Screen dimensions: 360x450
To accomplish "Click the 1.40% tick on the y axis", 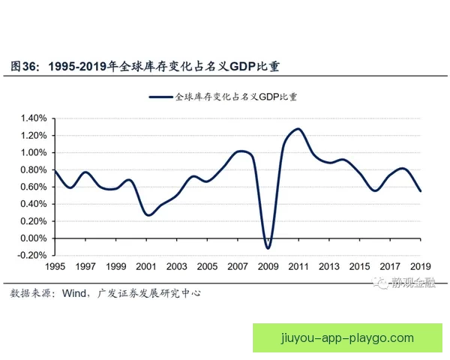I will [33, 118].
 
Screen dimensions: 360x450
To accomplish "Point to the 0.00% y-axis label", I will [33, 238].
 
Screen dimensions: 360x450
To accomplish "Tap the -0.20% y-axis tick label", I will [31, 256].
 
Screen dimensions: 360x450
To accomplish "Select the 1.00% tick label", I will [33, 153].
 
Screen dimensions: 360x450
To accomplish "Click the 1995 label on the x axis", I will [55, 267].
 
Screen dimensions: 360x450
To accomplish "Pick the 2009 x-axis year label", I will [268, 267].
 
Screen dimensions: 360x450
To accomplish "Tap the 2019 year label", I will [420, 267].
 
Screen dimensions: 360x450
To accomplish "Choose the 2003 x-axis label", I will [176, 267].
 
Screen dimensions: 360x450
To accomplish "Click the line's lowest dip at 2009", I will [268, 247].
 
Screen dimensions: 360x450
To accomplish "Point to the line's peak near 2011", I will [298, 129].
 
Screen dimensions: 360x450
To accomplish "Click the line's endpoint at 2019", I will [420, 191].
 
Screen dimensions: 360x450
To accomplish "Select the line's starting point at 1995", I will [55, 171].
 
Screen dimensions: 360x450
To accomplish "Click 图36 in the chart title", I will [24, 66].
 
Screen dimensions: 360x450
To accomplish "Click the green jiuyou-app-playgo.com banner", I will [346, 337].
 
